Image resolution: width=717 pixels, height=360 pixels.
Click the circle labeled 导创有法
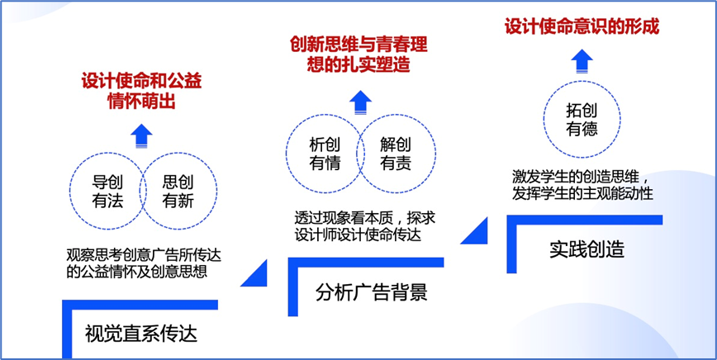(x=70, y=191)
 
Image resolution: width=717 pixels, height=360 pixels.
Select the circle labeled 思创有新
(x=217, y=191)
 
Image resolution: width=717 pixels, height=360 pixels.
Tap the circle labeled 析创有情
(x=287, y=153)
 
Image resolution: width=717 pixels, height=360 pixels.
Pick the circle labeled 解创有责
(x=436, y=153)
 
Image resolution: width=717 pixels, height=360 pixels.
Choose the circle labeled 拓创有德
(x=544, y=120)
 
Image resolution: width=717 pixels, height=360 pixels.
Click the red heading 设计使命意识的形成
(x=582, y=27)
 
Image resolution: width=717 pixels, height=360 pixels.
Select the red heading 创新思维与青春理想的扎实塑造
(x=358, y=54)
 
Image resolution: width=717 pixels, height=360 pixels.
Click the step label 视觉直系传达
(x=140, y=334)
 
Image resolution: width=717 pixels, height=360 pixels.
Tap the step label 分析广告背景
(x=372, y=292)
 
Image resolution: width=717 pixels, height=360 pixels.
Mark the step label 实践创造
(x=587, y=250)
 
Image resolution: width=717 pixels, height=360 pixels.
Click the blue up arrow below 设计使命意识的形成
(x=582, y=61)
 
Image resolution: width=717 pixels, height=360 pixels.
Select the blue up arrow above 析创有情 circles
(x=361, y=102)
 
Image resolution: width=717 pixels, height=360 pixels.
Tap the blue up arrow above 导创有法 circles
(x=141, y=136)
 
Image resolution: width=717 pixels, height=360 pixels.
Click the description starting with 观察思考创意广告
(x=144, y=263)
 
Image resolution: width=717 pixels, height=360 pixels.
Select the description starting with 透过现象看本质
(x=364, y=227)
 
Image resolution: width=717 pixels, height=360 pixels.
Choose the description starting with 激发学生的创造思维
(x=582, y=185)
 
